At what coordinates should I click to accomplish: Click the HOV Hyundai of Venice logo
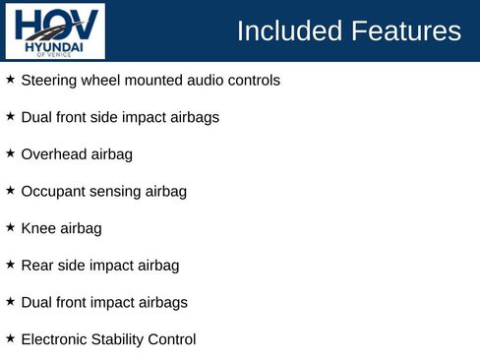55,30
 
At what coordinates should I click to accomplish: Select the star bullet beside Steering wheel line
10,79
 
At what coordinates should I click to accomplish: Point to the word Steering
48,80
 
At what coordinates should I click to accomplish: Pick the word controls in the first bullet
253,80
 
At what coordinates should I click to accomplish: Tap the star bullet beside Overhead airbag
10,153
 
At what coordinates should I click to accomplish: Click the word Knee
37,228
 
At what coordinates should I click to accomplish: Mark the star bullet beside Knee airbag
10,227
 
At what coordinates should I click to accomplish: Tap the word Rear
37,266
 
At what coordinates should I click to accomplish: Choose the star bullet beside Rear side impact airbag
10,265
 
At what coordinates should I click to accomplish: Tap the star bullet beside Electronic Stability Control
10,338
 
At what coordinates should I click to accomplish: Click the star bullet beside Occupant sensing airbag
10,190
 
